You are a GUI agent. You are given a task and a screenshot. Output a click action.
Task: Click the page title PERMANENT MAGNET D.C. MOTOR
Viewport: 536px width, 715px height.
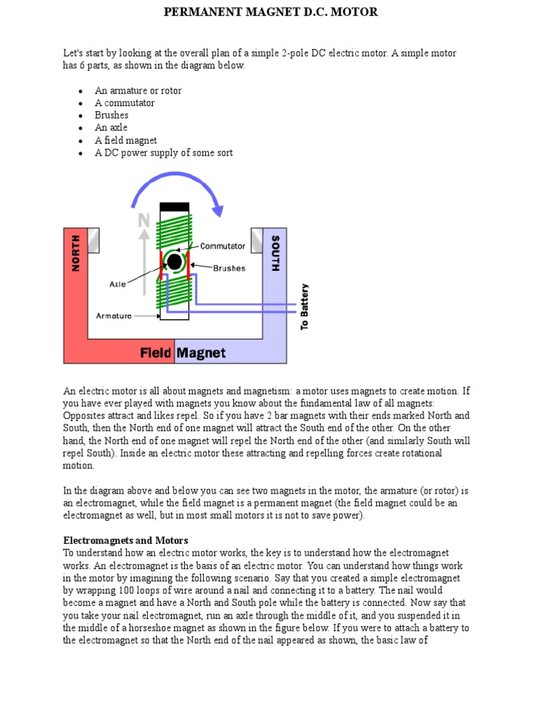tap(271, 12)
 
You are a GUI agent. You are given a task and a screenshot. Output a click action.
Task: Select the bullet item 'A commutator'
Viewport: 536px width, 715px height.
tap(125, 103)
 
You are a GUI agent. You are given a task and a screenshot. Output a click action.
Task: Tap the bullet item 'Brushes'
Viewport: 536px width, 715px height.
tap(112, 115)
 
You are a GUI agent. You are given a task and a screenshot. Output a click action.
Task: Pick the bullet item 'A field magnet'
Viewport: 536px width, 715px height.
tap(126, 140)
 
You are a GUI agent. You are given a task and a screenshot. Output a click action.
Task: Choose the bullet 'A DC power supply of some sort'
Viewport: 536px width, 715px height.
tap(163, 153)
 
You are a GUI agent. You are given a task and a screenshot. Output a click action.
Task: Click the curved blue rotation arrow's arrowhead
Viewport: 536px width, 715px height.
tap(218, 209)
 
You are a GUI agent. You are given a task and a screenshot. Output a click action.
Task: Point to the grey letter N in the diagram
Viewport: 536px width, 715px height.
tap(144, 221)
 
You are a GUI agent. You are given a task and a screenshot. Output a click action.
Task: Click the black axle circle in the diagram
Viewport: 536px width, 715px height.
tap(174, 262)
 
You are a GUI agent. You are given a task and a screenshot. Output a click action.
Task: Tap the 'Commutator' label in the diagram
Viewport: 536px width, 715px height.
tap(223, 246)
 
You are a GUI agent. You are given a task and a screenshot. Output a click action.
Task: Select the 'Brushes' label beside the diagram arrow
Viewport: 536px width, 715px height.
tap(229, 268)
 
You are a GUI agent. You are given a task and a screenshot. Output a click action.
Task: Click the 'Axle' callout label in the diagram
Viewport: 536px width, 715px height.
tap(117, 284)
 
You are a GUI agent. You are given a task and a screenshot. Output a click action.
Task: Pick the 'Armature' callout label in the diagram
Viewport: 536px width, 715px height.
tap(114, 316)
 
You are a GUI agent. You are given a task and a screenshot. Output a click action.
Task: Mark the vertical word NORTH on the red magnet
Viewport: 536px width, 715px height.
tap(76, 253)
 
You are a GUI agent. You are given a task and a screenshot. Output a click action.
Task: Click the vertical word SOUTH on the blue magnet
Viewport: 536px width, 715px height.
tap(274, 253)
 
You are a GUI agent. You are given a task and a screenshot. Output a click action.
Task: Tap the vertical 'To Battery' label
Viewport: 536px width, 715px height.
tap(304, 307)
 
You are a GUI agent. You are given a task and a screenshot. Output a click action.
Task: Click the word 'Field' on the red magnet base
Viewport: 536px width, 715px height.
tap(156, 353)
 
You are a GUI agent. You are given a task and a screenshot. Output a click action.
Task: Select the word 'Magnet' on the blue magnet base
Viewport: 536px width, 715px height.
tap(201, 353)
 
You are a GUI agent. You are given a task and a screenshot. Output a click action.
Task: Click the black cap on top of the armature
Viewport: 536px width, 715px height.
tap(174, 207)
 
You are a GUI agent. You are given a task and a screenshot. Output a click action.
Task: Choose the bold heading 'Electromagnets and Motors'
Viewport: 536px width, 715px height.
tap(126, 540)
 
